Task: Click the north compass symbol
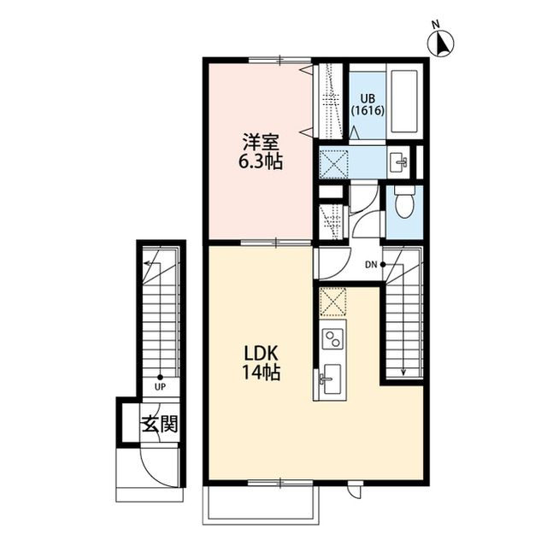pyautogui.click(x=441, y=42)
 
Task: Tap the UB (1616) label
pyautogui.click(x=368, y=104)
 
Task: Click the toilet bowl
pyautogui.click(x=404, y=202)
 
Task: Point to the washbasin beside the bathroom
pyautogui.click(x=399, y=162)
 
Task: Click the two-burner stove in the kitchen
pyautogui.click(x=332, y=338)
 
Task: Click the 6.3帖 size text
pyautogui.click(x=260, y=161)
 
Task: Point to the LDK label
pyautogui.click(x=261, y=355)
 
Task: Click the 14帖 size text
pyautogui.click(x=261, y=373)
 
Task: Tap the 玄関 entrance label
pyautogui.click(x=160, y=424)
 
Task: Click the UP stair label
pyautogui.click(x=160, y=387)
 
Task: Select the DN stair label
pyautogui.click(x=371, y=265)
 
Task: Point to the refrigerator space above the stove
pyautogui.click(x=332, y=302)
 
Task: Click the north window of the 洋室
pyautogui.click(x=280, y=60)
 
